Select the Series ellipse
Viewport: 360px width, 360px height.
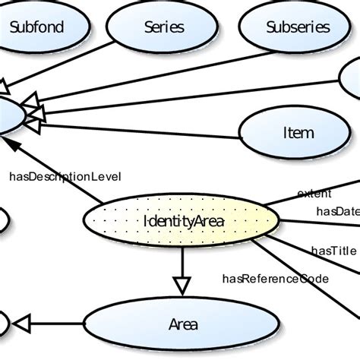[163, 27]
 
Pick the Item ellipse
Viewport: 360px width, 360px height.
[297, 132]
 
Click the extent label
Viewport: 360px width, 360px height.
[314, 193]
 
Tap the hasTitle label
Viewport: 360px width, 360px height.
[333, 249]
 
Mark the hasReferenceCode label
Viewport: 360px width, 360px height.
[275, 278]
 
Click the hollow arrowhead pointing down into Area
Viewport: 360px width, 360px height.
[181, 285]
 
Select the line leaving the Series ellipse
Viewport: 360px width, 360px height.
[106, 68]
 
